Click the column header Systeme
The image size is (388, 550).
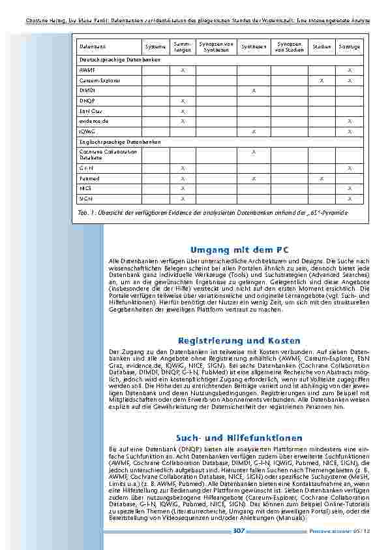point(155,47)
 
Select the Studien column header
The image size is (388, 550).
point(321,47)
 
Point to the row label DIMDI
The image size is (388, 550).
point(87,90)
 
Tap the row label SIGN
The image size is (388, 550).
point(85,198)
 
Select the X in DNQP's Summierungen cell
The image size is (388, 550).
point(183,101)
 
